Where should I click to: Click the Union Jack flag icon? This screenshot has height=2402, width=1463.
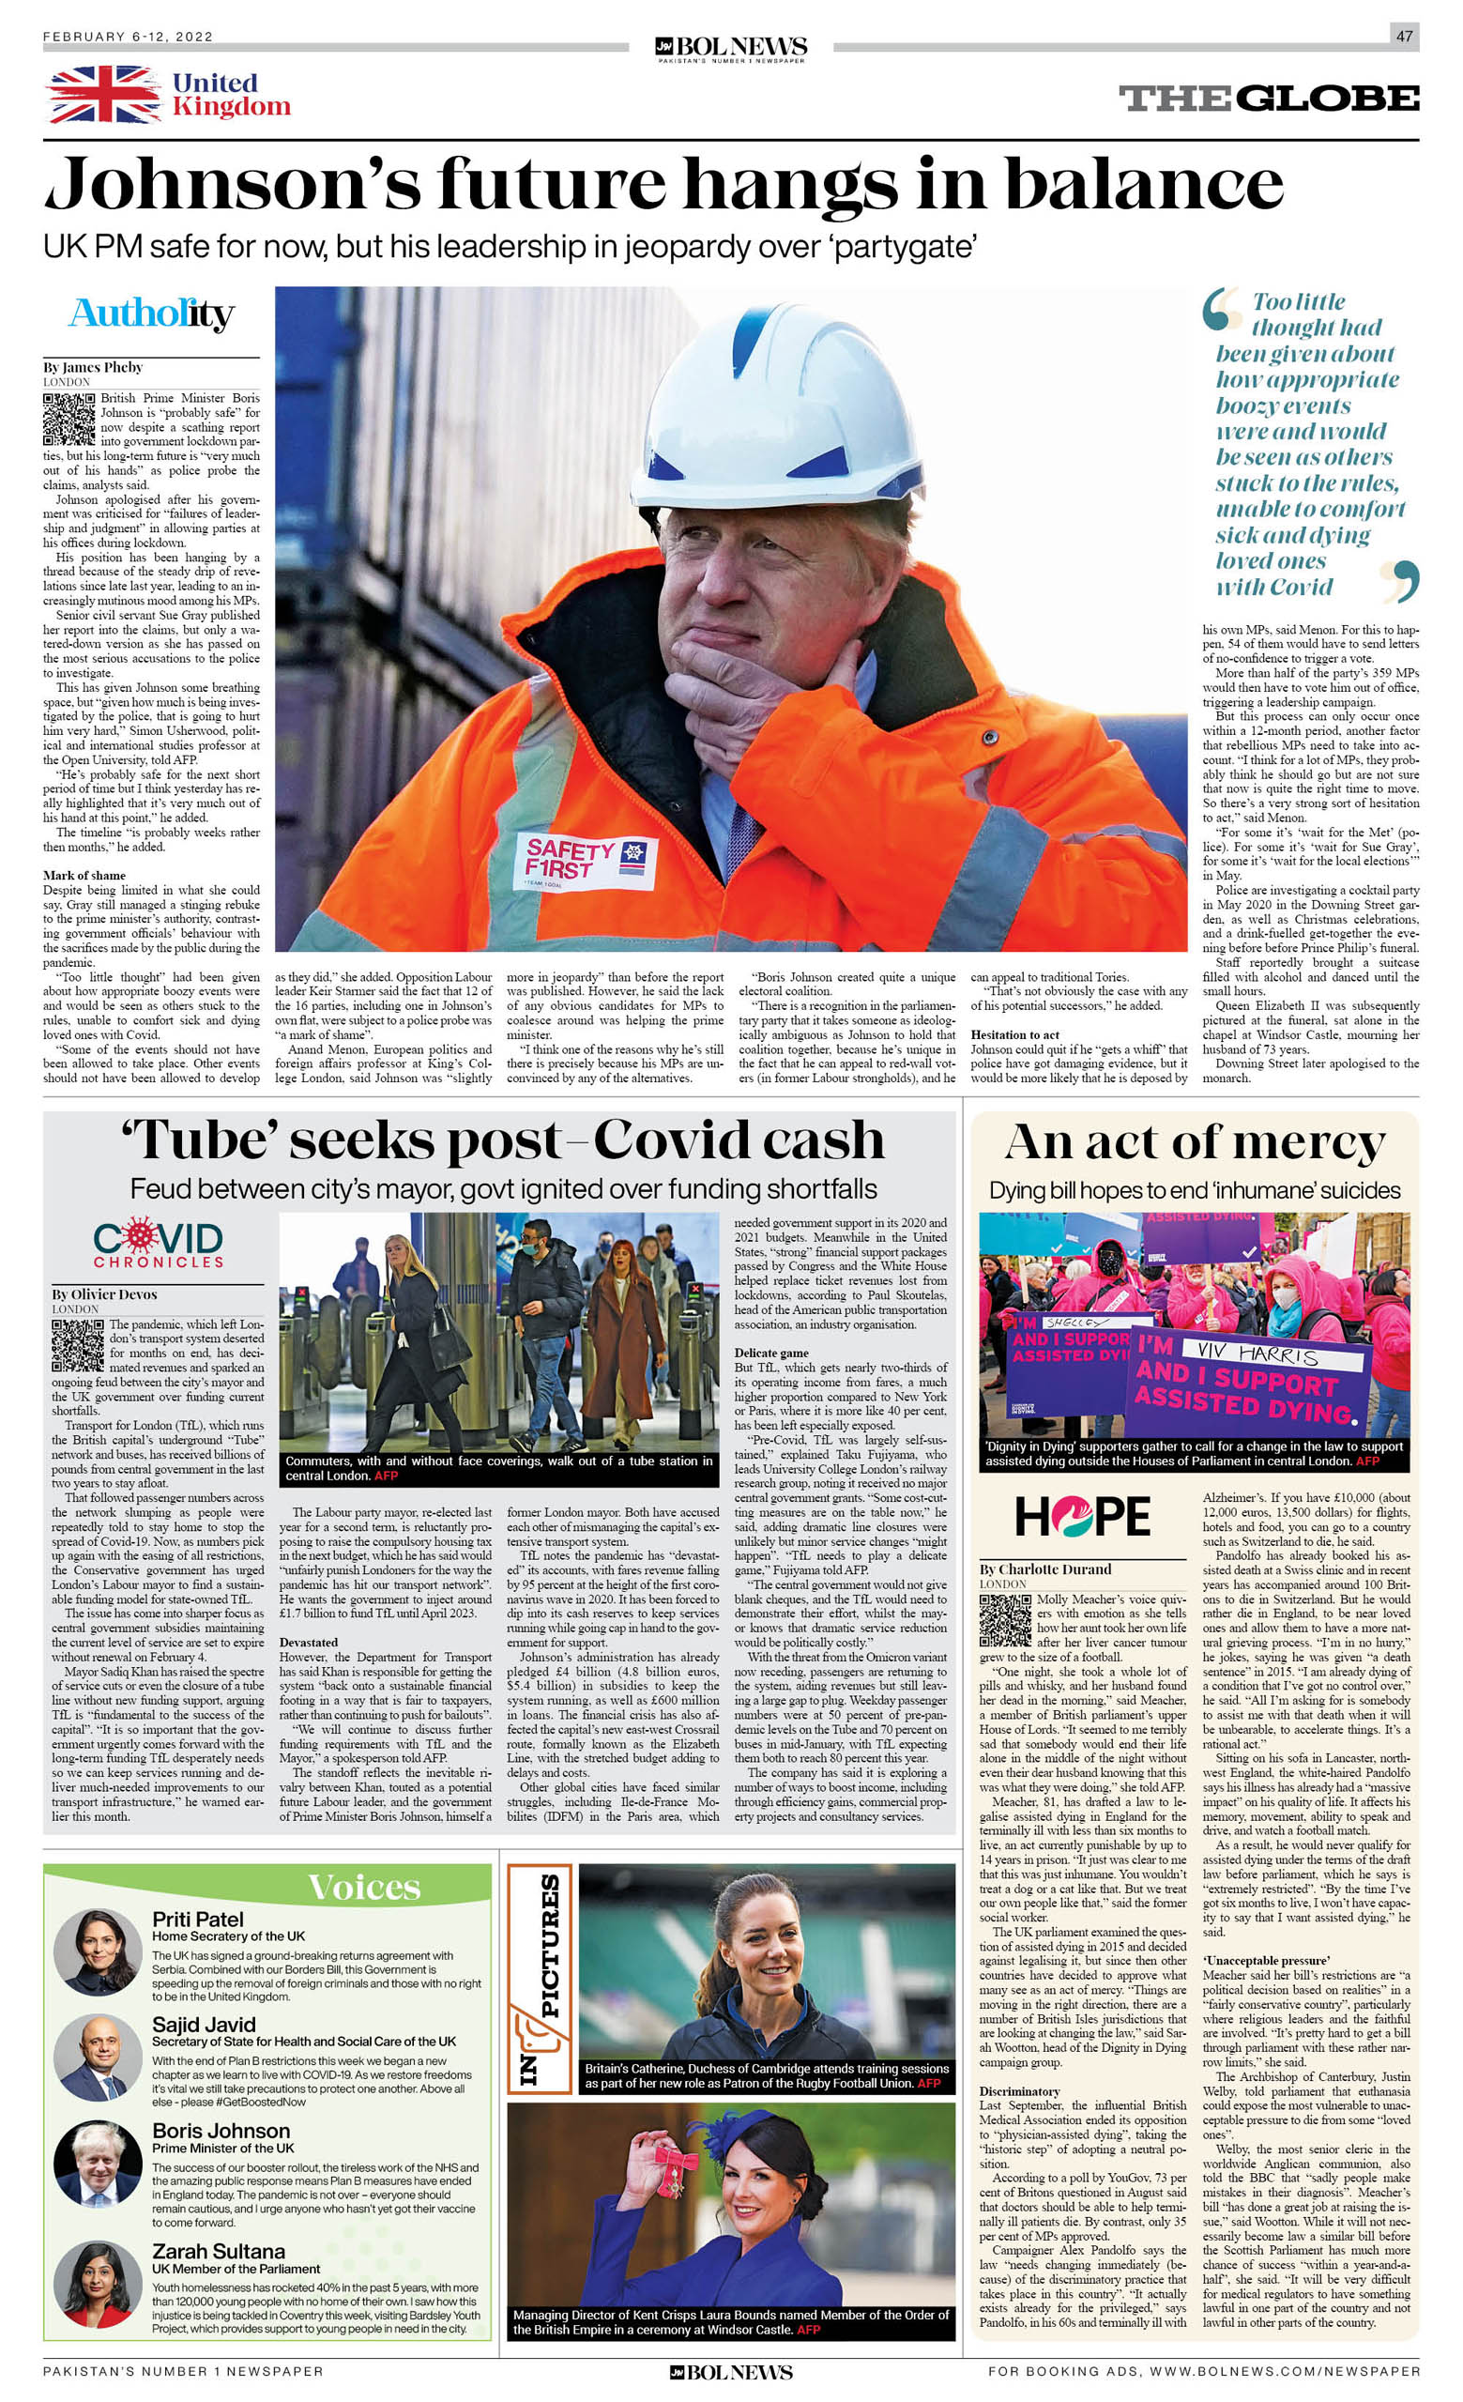pos(103,95)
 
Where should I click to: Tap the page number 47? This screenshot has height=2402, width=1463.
pos(1404,36)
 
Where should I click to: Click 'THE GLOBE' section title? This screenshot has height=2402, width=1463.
pos(1268,98)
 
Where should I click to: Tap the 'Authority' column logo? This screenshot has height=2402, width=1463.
pos(151,314)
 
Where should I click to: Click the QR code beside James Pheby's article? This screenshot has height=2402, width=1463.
pos(70,420)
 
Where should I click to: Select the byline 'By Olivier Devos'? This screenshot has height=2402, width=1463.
pos(104,1294)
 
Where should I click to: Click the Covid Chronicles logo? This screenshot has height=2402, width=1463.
pos(158,1244)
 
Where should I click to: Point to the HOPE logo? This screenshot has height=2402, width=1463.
pos(1082,1516)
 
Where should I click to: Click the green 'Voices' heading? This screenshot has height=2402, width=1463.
pos(363,1887)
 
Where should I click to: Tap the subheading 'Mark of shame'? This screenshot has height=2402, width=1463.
pos(84,876)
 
